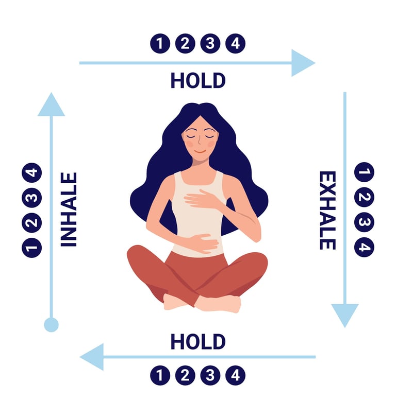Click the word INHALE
(69, 209)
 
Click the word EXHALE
(327, 210)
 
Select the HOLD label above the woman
(198, 80)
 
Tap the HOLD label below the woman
(198, 341)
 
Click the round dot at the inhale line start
(51, 325)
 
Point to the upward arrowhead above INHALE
(51, 105)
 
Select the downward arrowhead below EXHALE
(344, 315)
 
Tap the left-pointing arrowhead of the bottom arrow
(92, 357)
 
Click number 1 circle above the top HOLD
(160, 43)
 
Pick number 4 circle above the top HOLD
(235, 43)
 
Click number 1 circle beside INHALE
(31, 248)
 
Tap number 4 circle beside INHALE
(31, 172)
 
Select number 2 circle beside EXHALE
(365, 197)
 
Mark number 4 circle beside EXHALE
(365, 247)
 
